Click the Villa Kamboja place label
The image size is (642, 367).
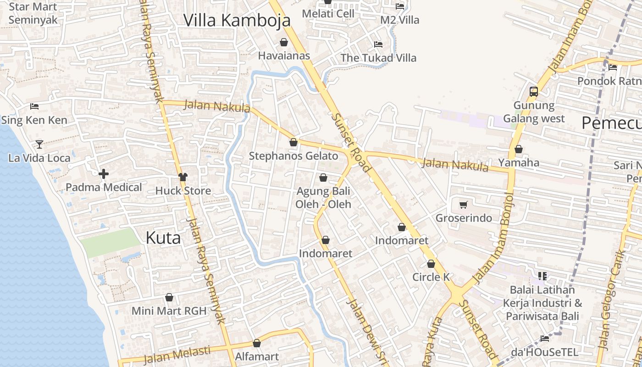(237, 21)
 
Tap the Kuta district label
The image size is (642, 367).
(163, 238)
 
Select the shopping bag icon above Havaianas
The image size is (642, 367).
(284, 43)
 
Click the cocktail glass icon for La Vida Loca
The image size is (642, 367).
(39, 145)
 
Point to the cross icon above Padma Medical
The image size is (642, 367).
(104, 174)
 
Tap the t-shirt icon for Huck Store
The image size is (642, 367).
(183, 177)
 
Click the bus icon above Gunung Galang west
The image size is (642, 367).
(533, 92)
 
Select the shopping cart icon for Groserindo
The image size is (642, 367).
(463, 205)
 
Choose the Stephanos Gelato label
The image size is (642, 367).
(293, 156)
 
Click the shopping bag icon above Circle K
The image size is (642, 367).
(431, 264)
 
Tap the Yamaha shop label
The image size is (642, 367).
(519, 162)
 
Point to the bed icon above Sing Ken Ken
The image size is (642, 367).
(34, 106)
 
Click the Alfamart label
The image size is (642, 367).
(257, 356)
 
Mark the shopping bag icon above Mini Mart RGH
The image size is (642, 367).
(169, 298)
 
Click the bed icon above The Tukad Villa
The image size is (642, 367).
(378, 44)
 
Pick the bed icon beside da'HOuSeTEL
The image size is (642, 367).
(545, 339)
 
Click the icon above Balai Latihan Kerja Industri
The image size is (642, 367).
(542, 276)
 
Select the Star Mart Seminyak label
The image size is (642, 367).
(33, 14)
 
